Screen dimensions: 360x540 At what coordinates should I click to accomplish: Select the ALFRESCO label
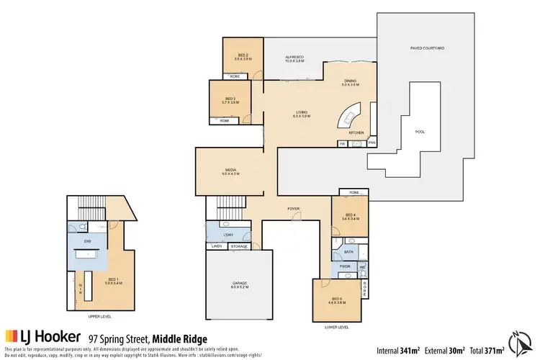tap(294, 58)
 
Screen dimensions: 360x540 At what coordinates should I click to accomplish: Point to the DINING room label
tap(351, 83)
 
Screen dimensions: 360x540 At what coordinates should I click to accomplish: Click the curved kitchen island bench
tap(349, 115)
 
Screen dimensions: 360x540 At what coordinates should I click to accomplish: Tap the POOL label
tap(420, 132)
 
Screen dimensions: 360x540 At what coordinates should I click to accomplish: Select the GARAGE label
tap(239, 284)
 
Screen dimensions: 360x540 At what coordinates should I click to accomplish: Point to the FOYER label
tap(294, 209)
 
